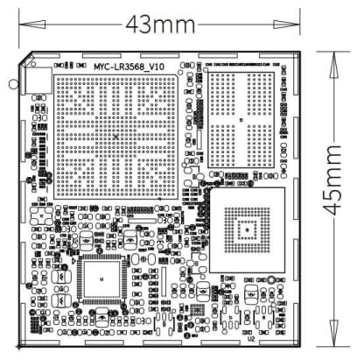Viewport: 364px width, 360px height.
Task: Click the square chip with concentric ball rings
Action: [x=248, y=229]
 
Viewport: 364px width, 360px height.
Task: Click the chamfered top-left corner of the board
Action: [x=25, y=58]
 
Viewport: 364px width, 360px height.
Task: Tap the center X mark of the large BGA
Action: [x=116, y=137]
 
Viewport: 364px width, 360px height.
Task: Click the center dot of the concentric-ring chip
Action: [x=248, y=229]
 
